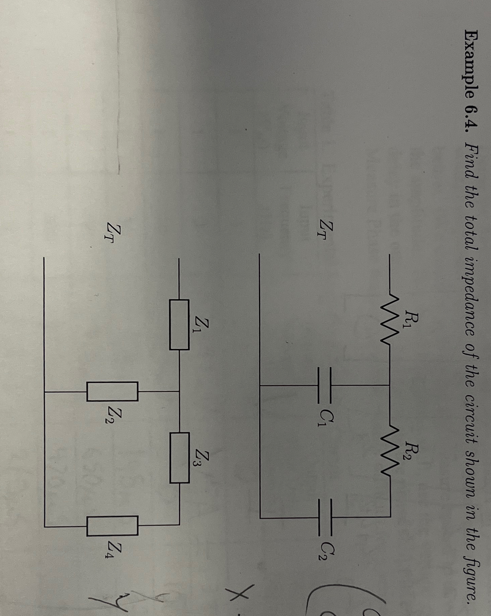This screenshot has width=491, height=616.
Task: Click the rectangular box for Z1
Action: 179,324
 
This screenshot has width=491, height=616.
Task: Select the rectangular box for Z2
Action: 112,391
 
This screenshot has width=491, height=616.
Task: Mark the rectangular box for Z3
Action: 179,458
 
